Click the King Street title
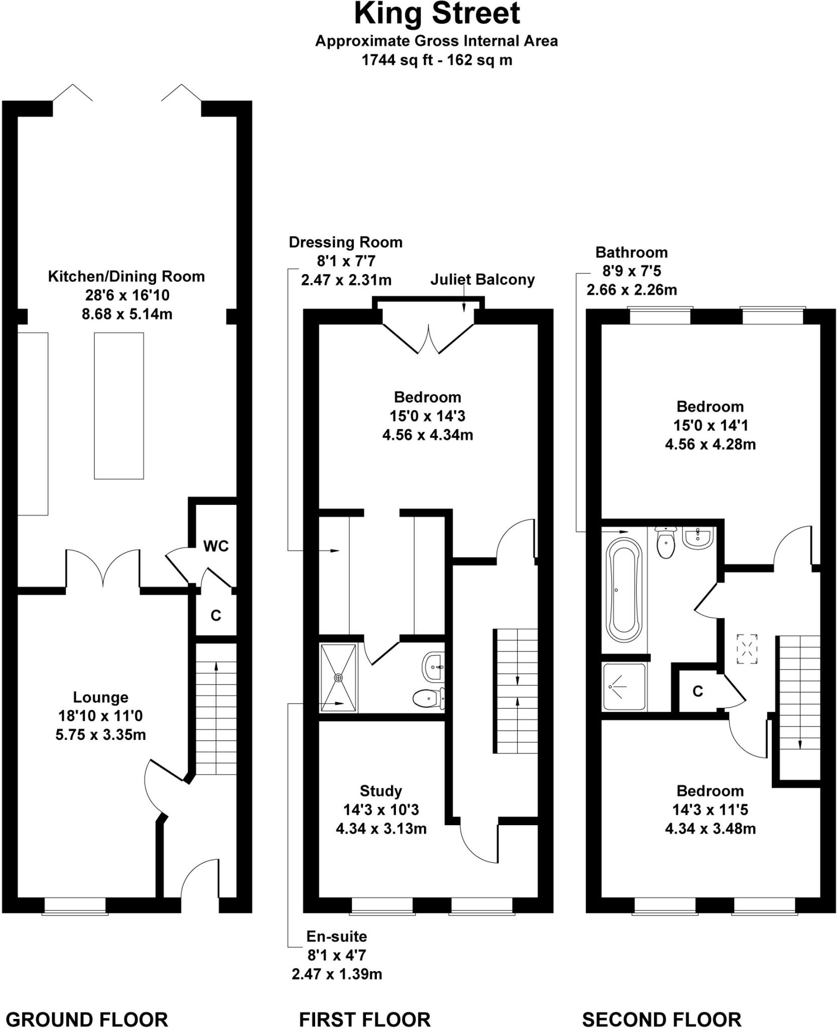(x=437, y=14)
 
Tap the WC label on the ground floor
(x=216, y=546)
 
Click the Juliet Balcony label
(x=482, y=280)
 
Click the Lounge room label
(x=101, y=697)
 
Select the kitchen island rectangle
(x=119, y=406)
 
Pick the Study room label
(x=381, y=791)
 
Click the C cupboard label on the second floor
(x=697, y=692)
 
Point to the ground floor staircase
(x=216, y=708)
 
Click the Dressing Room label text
(x=345, y=242)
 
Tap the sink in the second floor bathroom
(x=697, y=538)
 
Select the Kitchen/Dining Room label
(x=126, y=277)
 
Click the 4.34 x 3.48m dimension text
(x=710, y=829)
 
